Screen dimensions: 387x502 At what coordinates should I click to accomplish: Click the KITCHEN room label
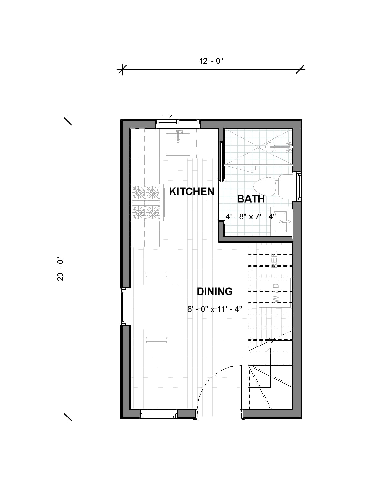[192, 192]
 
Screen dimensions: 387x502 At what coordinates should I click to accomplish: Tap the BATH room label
[251, 199]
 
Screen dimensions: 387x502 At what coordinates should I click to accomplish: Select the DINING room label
[214, 292]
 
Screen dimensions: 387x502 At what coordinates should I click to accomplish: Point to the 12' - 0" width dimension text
[211, 61]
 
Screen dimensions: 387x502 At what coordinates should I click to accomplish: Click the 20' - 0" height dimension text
[61, 269]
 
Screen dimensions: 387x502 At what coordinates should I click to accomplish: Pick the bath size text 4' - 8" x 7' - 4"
[251, 217]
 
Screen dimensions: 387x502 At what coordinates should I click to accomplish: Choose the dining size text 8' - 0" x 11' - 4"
[214, 309]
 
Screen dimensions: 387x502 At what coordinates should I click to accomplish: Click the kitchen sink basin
[178, 144]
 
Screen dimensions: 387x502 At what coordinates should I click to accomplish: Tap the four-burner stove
[147, 202]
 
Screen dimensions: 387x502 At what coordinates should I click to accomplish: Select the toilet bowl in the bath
[265, 186]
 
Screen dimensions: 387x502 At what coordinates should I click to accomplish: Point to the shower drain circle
[258, 147]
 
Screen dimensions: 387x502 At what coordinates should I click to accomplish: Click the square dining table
[156, 307]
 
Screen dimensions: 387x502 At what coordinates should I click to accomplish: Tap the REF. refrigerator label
[274, 260]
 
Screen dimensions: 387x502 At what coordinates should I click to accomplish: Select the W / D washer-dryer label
[276, 293]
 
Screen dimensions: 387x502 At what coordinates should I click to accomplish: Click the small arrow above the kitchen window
[167, 116]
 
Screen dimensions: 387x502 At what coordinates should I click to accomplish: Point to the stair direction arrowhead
[270, 349]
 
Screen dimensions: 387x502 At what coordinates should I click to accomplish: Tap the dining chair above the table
[156, 278]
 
